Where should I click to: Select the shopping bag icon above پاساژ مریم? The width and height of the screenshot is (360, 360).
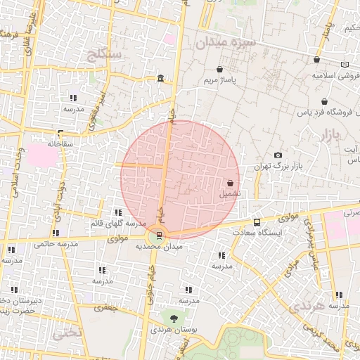[221, 70]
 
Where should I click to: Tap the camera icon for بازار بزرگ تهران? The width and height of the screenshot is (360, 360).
[278, 155]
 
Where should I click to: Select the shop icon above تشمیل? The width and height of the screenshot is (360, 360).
[231, 183]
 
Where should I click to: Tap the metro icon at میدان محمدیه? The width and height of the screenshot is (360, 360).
[159, 236]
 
